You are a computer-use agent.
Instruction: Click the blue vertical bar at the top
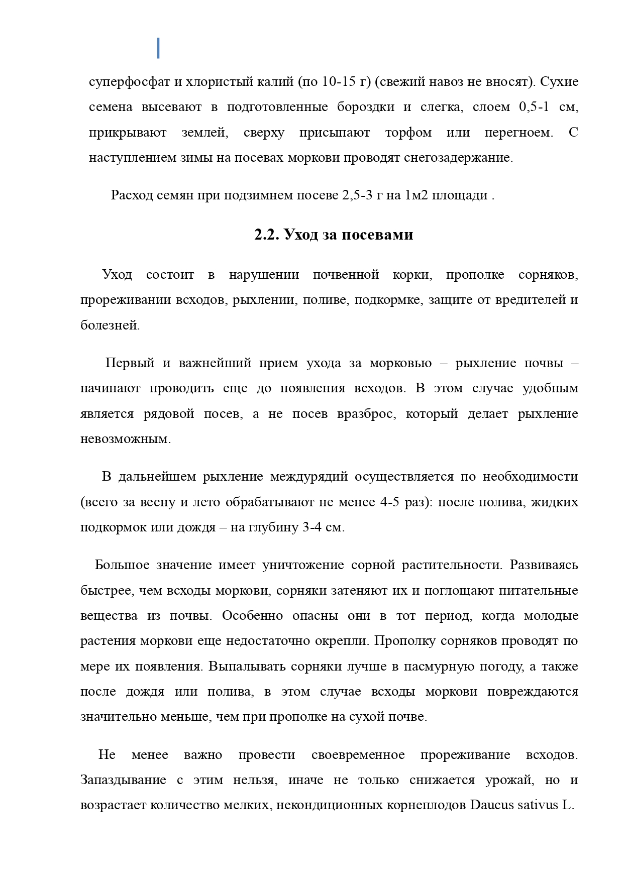159,48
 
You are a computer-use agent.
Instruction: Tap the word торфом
408,133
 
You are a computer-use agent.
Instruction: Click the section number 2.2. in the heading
267,235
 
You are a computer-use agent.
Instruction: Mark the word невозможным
126,439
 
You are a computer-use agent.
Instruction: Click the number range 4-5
390,502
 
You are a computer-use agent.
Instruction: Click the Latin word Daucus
492,805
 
